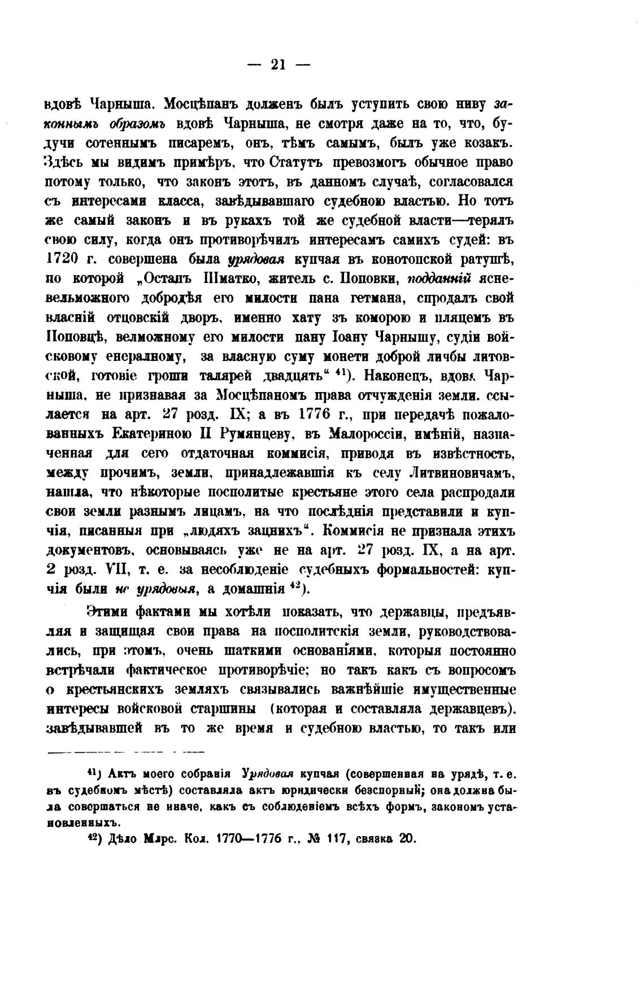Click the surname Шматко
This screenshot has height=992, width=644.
point(237,279)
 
